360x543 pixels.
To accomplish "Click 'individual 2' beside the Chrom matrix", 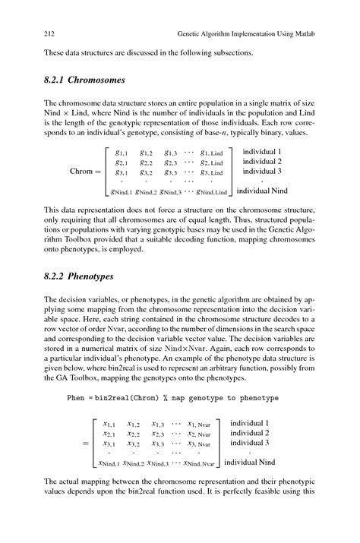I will point(262,162).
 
